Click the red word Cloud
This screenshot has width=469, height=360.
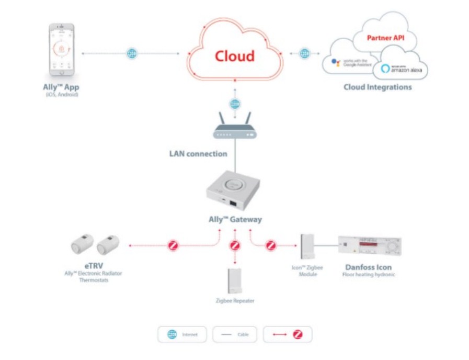[x=235, y=56]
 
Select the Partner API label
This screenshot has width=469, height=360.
[x=385, y=38]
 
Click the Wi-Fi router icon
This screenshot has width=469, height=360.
[x=235, y=127]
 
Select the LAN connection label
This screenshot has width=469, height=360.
[x=198, y=154]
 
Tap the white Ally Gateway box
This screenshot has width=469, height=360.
[x=235, y=190]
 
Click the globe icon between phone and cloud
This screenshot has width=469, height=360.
[x=132, y=53]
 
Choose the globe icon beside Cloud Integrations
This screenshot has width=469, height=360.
[x=304, y=53]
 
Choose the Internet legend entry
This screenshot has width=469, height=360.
[x=182, y=334]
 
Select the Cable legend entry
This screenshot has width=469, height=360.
[x=234, y=334]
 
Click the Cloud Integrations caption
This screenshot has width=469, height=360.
[x=377, y=87]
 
